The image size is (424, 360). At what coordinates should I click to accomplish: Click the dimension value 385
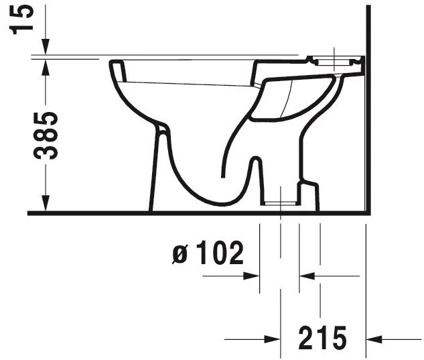coord(46,135)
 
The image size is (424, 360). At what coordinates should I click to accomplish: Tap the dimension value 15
coord(21,19)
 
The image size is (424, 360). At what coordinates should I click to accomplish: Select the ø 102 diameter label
coord(208,253)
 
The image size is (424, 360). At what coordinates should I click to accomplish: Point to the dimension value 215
coord(323,337)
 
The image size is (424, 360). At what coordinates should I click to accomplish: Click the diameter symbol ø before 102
coord(180,255)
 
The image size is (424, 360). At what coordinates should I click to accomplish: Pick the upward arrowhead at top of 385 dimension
coord(46,67)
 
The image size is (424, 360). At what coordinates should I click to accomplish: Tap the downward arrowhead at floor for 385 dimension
coord(46,202)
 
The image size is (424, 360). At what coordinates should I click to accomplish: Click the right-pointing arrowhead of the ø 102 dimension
coord(251,276)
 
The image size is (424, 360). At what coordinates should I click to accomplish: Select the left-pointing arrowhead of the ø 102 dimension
coord(307,276)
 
